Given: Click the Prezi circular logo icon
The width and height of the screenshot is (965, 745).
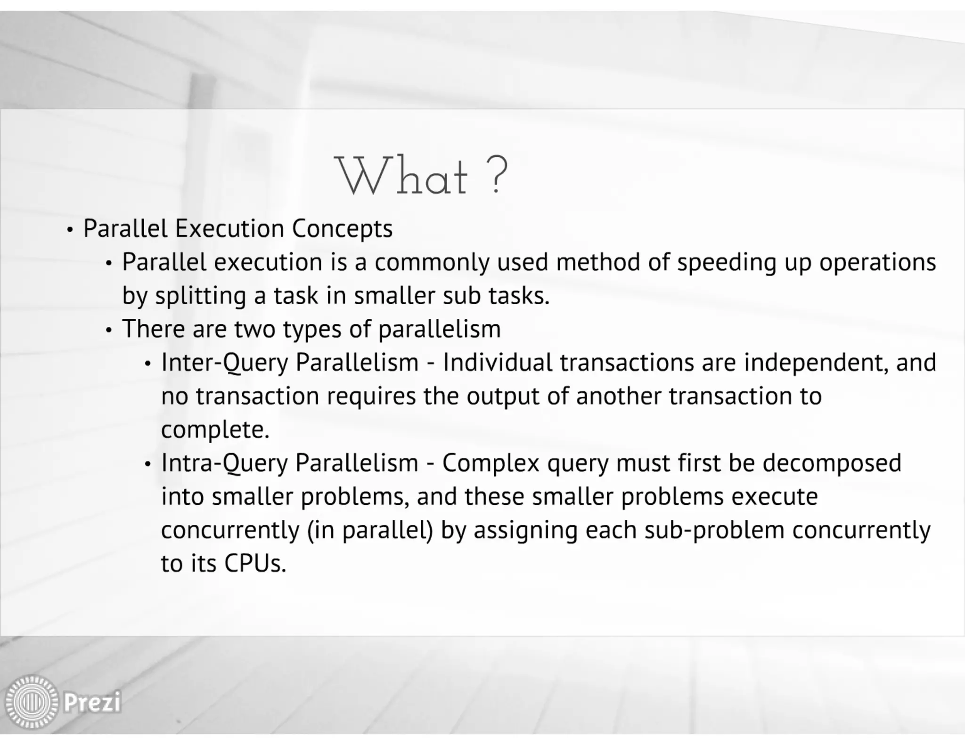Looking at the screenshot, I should click(x=32, y=702).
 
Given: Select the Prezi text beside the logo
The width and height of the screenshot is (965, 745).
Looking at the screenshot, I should click(x=92, y=702).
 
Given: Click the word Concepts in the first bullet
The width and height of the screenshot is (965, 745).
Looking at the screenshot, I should click(x=342, y=229).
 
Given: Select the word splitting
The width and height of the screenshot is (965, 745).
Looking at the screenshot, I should click(x=201, y=296).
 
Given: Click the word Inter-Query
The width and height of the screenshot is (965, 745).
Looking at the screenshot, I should click(x=224, y=363).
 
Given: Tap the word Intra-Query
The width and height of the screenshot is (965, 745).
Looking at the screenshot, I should click(x=224, y=463).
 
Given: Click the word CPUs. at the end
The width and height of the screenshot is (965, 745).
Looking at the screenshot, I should click(x=255, y=563).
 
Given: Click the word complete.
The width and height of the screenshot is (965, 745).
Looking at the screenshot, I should click(x=215, y=430).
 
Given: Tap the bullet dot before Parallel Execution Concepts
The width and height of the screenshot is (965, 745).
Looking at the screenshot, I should click(x=70, y=230).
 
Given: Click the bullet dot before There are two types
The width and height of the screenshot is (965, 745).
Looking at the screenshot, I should click(x=109, y=331).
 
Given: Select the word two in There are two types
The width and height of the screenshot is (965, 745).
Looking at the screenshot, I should click(x=254, y=329).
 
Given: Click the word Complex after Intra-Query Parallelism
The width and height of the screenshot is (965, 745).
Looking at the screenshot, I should click(x=491, y=463).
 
